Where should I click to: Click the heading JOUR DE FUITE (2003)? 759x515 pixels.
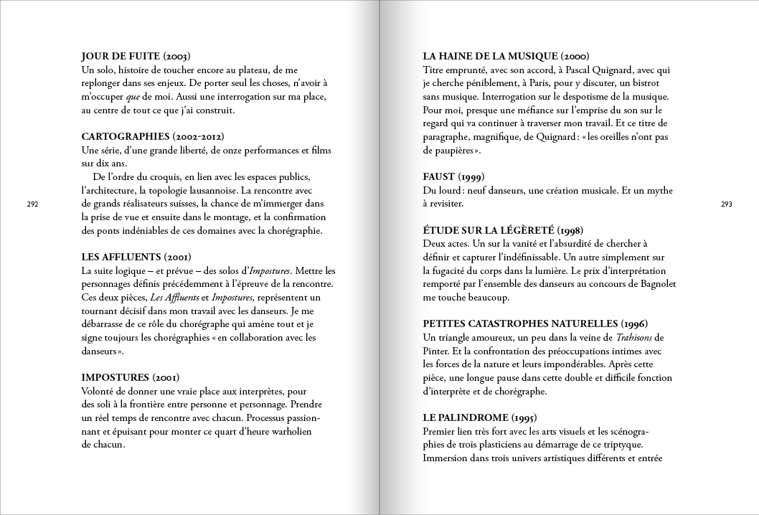tap(136, 56)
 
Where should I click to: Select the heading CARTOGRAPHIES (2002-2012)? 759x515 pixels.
tap(152, 136)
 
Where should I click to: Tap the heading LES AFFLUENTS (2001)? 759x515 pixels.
tap(136, 257)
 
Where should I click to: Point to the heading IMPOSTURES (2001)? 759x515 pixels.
tap(130, 377)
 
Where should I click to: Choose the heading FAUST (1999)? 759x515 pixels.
tap(453, 176)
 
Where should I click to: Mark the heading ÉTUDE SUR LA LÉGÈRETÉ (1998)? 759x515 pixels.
tap(503, 230)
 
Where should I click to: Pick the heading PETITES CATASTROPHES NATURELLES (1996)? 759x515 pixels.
tap(535, 323)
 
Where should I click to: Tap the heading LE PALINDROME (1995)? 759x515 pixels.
tap(480, 417)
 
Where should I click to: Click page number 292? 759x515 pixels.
tap(32, 204)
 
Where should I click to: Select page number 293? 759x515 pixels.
tap(726, 204)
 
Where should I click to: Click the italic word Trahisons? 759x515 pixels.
tap(633, 337)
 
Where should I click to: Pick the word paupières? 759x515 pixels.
tap(454, 150)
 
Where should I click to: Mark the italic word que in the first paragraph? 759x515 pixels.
tap(133, 96)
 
